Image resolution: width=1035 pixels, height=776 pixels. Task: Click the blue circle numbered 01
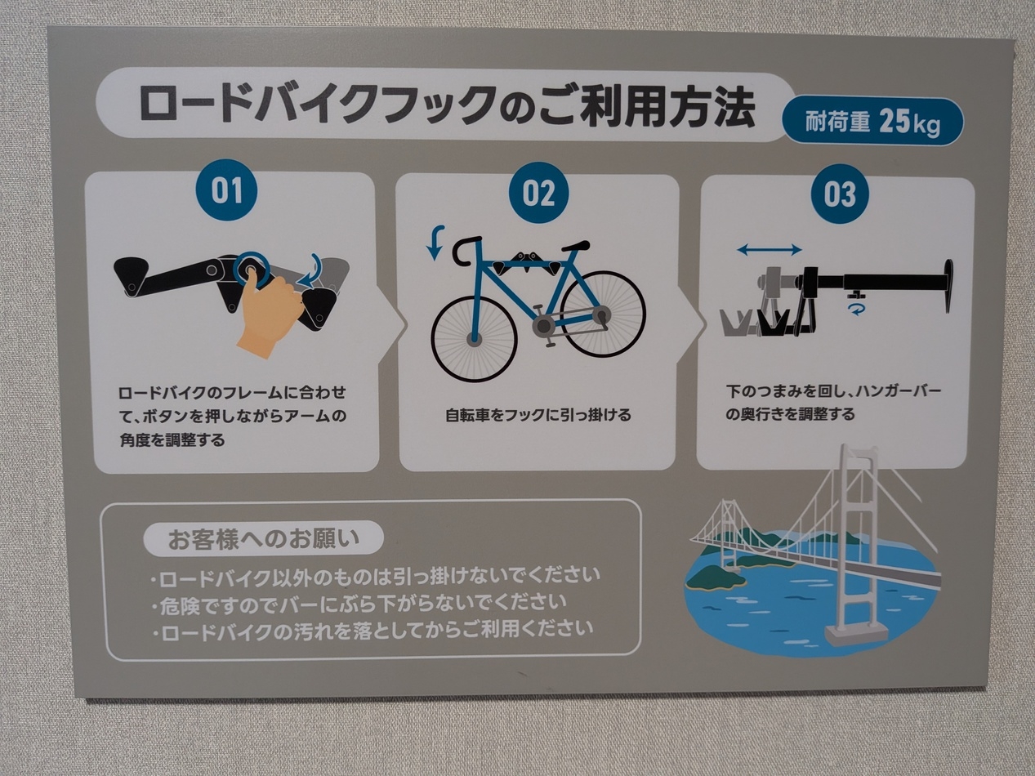tap(226, 190)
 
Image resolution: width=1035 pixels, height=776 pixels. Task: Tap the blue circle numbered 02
tap(538, 194)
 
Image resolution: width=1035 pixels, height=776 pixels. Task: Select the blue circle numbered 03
tap(840, 194)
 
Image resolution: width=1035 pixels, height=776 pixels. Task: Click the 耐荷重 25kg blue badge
tap(872, 123)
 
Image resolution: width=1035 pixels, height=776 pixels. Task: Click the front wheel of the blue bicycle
tap(474, 338)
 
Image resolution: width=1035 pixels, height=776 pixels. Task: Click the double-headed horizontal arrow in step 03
tap(769, 250)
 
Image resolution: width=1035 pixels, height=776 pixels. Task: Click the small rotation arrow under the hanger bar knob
tap(854, 308)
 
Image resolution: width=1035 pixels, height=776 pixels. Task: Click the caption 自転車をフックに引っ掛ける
tap(538, 415)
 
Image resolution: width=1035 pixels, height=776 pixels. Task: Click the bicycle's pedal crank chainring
tap(542, 326)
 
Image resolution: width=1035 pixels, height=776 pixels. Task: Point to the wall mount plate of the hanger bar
tap(948, 286)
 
